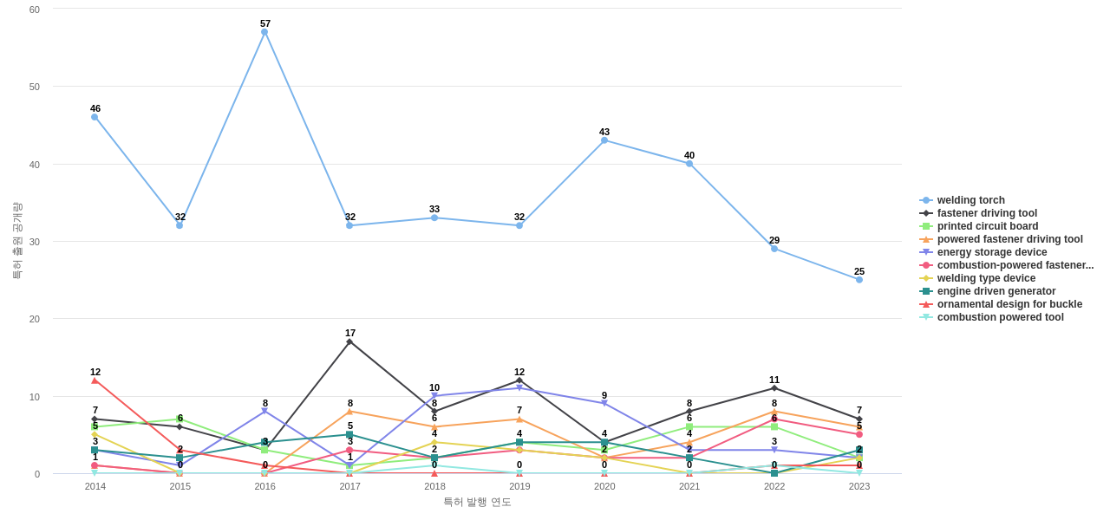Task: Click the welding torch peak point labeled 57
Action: (x=264, y=32)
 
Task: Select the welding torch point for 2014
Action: (x=95, y=117)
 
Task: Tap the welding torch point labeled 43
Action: (x=604, y=140)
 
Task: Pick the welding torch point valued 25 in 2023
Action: (x=859, y=280)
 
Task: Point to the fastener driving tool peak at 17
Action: (x=349, y=341)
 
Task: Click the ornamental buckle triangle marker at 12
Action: (x=95, y=380)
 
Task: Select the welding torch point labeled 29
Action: (x=774, y=249)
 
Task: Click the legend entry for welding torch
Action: (x=970, y=200)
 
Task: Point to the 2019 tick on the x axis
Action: (x=519, y=486)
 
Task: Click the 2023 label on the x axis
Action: (x=859, y=486)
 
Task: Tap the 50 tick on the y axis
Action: (x=35, y=87)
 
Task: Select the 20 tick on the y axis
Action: (x=35, y=319)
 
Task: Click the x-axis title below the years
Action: (x=477, y=502)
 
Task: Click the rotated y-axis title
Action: (x=16, y=241)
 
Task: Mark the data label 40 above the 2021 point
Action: (x=689, y=156)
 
